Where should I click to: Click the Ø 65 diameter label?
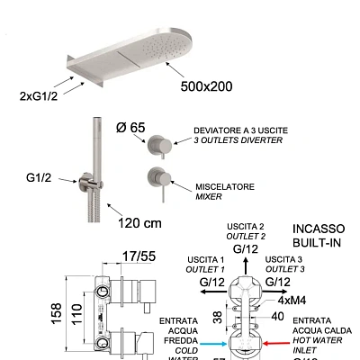(130, 128)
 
